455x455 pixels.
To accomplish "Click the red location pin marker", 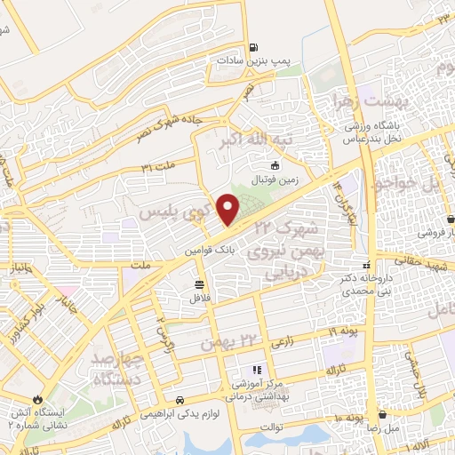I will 228,209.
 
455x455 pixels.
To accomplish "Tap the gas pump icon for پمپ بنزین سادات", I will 254,48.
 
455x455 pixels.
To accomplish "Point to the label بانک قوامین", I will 208,251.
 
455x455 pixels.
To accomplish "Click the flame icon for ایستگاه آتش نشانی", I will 37,400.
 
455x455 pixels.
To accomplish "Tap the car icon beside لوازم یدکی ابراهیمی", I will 180,400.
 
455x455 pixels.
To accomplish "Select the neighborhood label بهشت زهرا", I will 336,100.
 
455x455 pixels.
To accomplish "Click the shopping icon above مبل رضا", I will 382,414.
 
